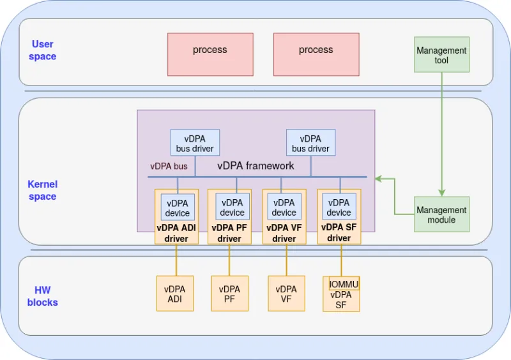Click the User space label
coord(43,50)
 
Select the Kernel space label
coord(42,190)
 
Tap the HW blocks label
coord(42,296)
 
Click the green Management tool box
coord(441,54)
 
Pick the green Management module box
coord(441,214)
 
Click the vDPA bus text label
coord(169,166)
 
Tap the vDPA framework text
coord(256,165)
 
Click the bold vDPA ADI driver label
coord(176,233)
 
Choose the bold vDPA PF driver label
coord(229,233)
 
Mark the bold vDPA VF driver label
coord(284,233)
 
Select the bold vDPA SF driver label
coord(339,232)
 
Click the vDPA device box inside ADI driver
coord(178,207)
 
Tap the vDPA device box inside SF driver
coord(339,207)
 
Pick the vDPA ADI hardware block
coord(174,294)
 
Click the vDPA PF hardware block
coord(229,294)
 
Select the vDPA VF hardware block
coord(286,294)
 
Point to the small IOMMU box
coord(344,283)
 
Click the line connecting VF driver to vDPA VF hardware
coord(286,260)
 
